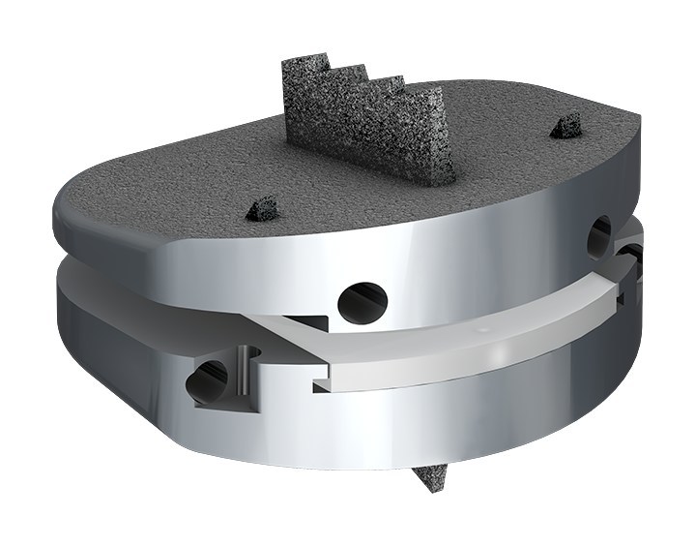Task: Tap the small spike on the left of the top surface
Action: click(x=263, y=207)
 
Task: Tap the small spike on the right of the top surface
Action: click(x=567, y=125)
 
